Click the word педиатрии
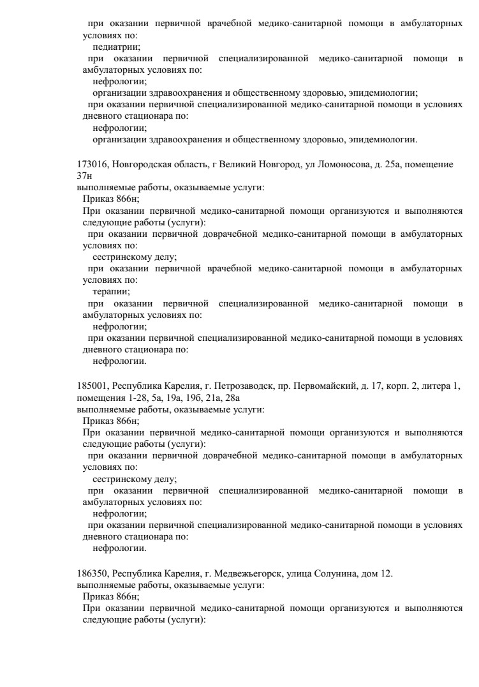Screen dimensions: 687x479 117,47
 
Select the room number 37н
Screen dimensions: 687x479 84,176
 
